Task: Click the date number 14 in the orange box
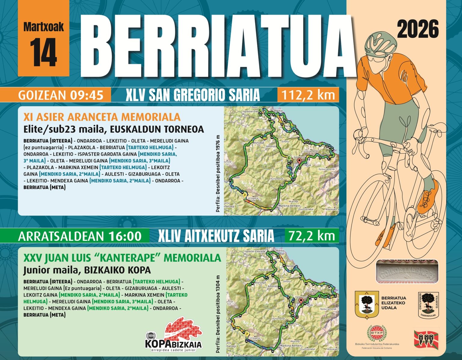(43, 53)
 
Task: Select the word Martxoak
(43, 27)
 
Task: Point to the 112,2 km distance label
(308, 95)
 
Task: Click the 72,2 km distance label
(312, 236)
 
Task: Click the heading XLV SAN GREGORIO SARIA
(192, 95)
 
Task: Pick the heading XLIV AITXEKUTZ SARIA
(216, 236)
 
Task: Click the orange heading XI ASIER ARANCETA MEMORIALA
(102, 117)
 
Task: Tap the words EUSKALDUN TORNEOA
(157, 129)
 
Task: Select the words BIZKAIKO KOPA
(117, 270)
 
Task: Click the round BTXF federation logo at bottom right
(377, 333)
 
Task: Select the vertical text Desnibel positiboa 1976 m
(218, 174)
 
